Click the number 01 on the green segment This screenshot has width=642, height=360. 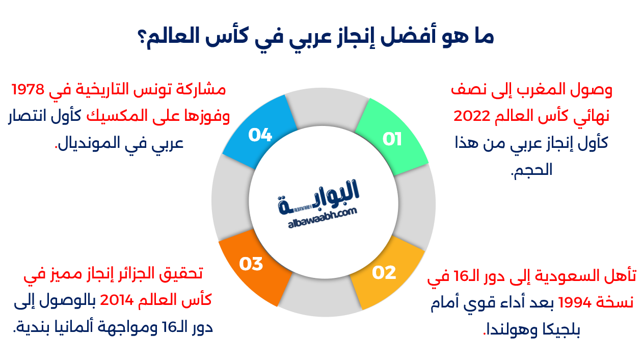(392, 139)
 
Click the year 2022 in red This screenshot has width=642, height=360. (472, 116)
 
